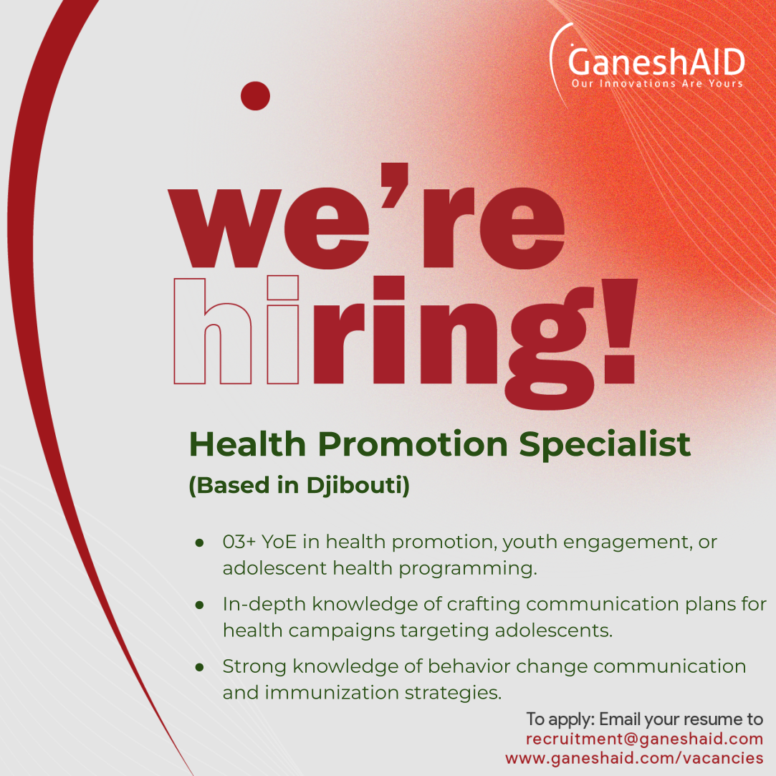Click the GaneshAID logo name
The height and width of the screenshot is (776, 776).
pyautogui.click(x=656, y=62)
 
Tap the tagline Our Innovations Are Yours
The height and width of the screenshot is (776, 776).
pyautogui.click(x=657, y=83)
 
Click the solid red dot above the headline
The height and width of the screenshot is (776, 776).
pyautogui.click(x=255, y=95)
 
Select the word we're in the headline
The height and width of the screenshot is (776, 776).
pyautogui.click(x=367, y=217)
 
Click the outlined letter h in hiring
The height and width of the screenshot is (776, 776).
pyautogui.click(x=213, y=331)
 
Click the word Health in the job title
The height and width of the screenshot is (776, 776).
pyautogui.click(x=248, y=444)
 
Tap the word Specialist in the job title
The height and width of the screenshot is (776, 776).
pyautogui.click(x=604, y=445)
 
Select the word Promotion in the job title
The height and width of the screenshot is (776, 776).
pyautogui.click(x=413, y=444)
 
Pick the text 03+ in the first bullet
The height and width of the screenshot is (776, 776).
pyautogui.click(x=239, y=542)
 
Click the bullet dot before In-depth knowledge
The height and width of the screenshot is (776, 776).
pyautogui.click(x=199, y=605)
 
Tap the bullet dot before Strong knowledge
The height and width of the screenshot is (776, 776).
pyautogui.click(x=199, y=667)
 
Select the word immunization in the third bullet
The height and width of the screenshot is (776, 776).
pyautogui.click(x=332, y=693)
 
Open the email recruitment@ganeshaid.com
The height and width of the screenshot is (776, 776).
pyautogui.click(x=644, y=739)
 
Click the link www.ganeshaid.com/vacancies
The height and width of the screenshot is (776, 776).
pyautogui.click(x=634, y=758)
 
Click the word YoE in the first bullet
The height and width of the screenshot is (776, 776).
pyautogui.click(x=279, y=542)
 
